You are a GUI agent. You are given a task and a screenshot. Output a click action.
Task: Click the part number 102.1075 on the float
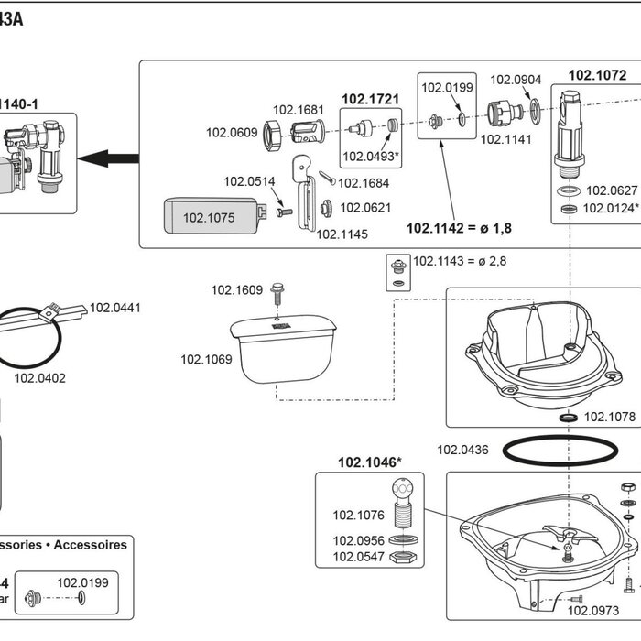coord(209,218)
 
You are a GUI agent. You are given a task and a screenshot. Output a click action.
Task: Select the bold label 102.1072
coord(597,75)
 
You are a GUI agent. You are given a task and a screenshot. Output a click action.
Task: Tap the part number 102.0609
coord(232,132)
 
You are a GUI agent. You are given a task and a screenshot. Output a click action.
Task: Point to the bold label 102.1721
coord(369,98)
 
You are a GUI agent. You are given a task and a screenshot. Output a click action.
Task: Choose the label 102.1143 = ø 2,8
coord(459,261)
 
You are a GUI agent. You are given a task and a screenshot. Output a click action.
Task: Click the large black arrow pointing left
coord(107,158)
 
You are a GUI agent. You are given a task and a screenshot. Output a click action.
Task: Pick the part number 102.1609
coord(236,290)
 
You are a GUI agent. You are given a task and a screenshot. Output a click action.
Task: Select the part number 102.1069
coord(206,359)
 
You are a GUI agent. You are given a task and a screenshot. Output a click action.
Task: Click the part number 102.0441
coord(116,308)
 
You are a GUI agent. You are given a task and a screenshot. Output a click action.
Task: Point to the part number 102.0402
coord(39,377)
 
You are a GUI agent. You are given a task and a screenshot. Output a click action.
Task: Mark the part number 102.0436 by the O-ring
coord(462,450)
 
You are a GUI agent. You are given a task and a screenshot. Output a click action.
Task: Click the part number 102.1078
coord(609,417)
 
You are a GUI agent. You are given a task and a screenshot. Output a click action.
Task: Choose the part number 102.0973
coord(593,611)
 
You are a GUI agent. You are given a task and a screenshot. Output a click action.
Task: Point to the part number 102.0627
coord(612,190)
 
